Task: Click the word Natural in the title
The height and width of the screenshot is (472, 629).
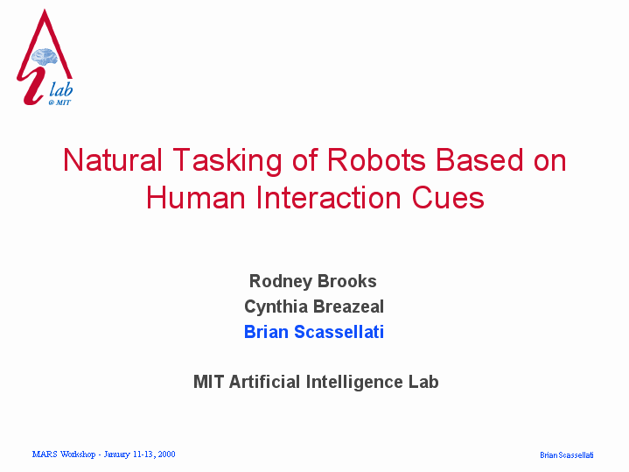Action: click(x=112, y=160)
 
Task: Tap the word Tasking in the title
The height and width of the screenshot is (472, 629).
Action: click(x=227, y=162)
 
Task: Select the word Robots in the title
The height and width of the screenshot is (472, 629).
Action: click(x=376, y=160)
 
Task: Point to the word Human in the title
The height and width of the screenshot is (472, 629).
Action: click(x=195, y=198)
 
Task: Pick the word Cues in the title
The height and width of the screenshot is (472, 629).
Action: click(x=448, y=198)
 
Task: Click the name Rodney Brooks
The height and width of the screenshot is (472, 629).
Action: click(x=313, y=281)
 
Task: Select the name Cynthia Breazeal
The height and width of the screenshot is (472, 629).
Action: click(x=314, y=306)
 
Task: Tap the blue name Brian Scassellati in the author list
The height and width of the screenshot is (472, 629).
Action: click(x=314, y=332)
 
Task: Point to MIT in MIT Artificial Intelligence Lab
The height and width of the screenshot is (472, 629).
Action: click(x=208, y=382)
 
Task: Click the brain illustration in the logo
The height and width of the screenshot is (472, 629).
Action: click(x=45, y=57)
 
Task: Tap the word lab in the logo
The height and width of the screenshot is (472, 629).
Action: click(x=61, y=89)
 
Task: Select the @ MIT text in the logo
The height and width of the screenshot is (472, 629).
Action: click(x=59, y=102)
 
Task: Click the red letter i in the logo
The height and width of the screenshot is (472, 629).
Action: click(x=31, y=86)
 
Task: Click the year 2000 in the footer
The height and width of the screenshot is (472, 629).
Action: click(x=166, y=454)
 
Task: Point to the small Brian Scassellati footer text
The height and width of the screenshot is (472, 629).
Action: click(x=566, y=455)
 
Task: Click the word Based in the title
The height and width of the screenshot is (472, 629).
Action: click(x=479, y=160)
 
